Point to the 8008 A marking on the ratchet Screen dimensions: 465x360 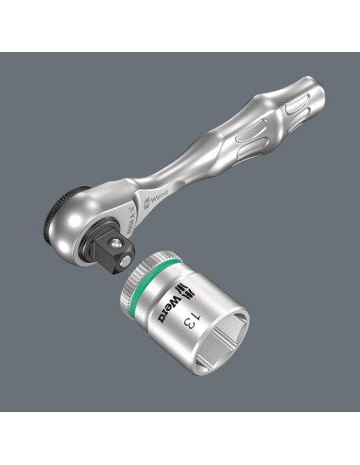132,220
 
